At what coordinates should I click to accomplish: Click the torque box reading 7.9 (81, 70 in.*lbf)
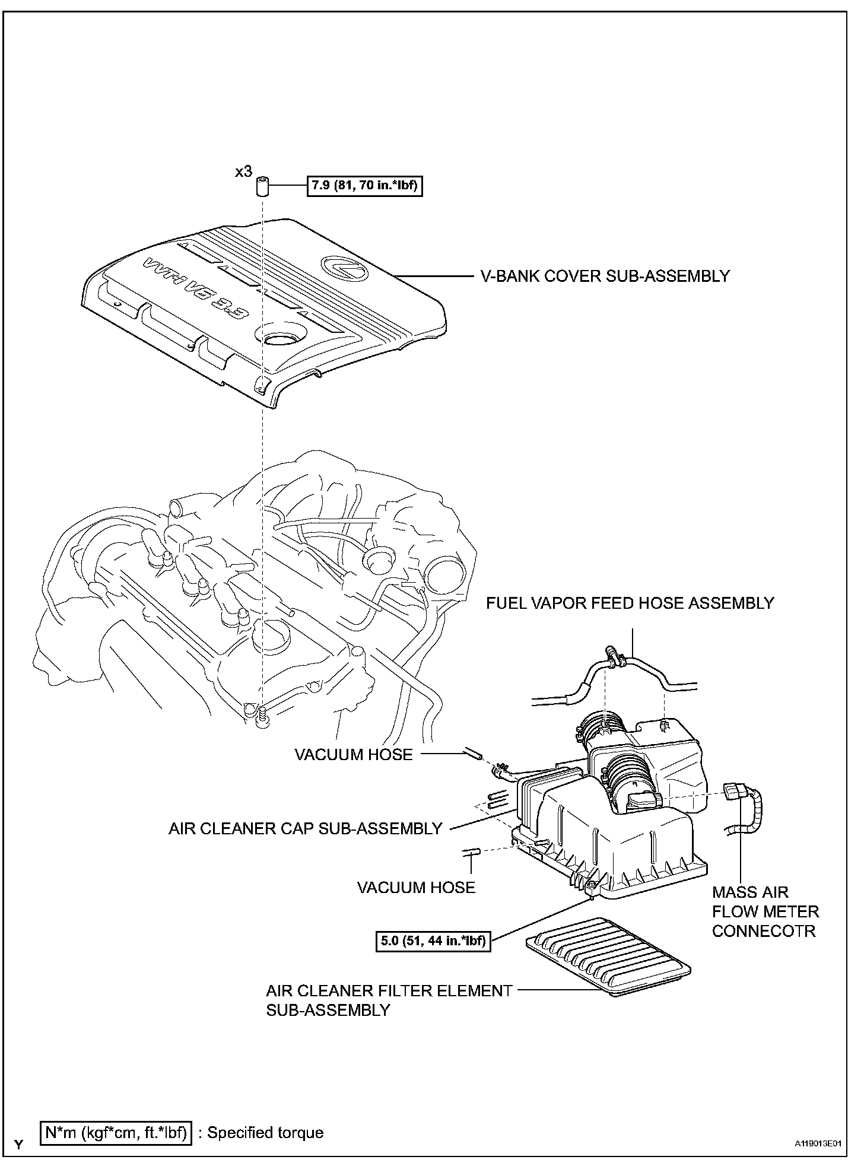point(364,186)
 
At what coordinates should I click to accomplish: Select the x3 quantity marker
point(243,172)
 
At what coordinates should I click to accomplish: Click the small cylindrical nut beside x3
point(263,186)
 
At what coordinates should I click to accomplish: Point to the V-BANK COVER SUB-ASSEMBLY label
point(605,276)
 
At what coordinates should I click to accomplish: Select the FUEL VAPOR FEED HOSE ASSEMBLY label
point(630,603)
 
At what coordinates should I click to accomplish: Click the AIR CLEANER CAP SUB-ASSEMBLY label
point(305,828)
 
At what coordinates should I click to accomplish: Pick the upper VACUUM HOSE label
point(353,754)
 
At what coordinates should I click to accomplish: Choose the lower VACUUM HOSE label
point(416,887)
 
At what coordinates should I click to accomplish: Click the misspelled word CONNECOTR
point(764,930)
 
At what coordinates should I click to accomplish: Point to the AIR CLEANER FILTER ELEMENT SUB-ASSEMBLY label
point(389,1000)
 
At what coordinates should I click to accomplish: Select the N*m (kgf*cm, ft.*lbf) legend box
point(116,1132)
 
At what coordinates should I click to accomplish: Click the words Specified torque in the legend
point(265,1132)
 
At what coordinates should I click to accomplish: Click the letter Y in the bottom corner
point(19,1143)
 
